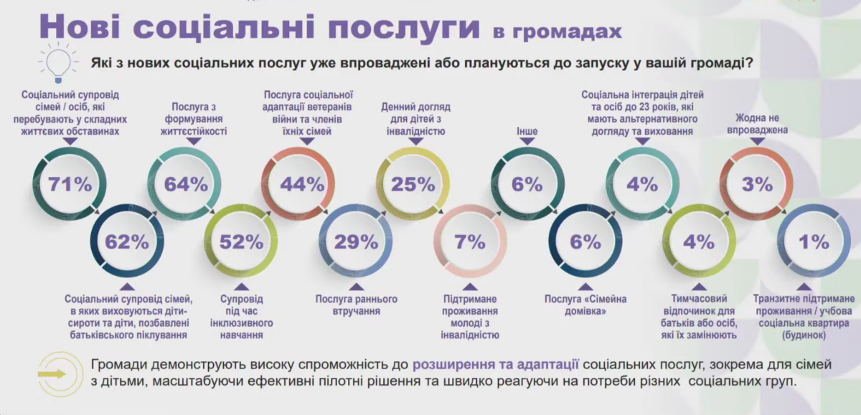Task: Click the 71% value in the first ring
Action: tap(70, 184)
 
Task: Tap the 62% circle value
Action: tap(127, 242)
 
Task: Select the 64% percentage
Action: tap(185, 184)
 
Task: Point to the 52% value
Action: tap(241, 242)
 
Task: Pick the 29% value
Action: tap(356, 242)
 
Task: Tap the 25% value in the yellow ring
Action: tap(413, 184)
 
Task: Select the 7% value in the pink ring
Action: tap(470, 242)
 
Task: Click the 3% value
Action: tap(757, 184)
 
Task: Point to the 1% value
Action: tap(814, 242)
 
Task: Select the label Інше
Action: tap(527, 131)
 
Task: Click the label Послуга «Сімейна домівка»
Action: tap(584, 305)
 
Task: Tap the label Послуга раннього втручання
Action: tap(357, 305)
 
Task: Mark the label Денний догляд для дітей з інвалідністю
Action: tap(413, 118)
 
